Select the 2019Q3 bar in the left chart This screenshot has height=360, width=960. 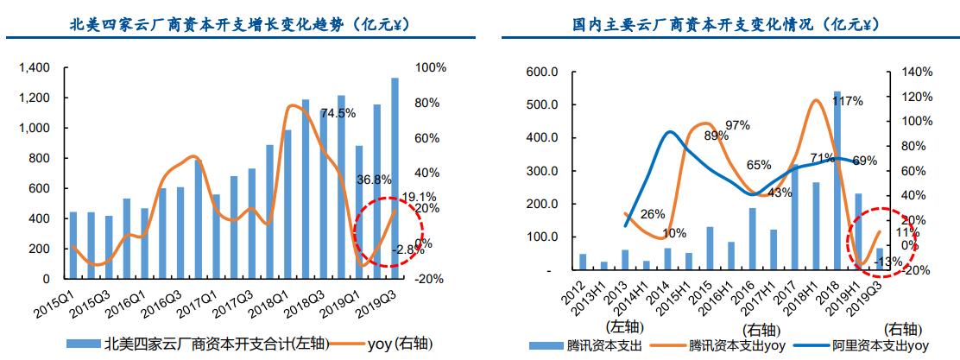coord(395,178)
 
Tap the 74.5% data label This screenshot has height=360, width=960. coord(338,113)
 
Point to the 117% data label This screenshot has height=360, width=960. coord(847,102)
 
